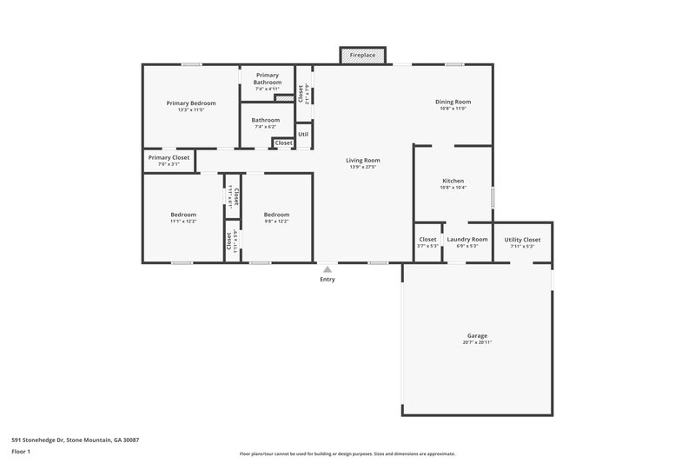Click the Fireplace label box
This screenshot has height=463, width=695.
(x=362, y=55)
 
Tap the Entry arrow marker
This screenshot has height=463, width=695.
(x=328, y=270)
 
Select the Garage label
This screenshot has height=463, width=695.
(x=477, y=335)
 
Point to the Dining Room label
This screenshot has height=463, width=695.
(x=453, y=102)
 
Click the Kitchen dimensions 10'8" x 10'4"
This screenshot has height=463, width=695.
(x=453, y=188)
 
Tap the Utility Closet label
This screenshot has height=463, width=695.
(x=522, y=239)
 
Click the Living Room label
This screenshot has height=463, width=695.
(x=363, y=160)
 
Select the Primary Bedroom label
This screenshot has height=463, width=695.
(x=191, y=103)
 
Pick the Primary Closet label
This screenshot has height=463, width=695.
(x=169, y=157)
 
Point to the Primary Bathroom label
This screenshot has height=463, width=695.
(x=267, y=79)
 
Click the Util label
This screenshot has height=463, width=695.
(x=303, y=135)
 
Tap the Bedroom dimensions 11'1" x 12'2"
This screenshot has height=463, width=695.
(x=182, y=222)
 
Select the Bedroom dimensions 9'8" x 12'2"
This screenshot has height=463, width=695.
(x=276, y=222)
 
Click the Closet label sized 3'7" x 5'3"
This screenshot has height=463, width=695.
(x=427, y=246)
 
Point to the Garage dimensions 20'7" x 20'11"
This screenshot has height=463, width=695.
(x=477, y=342)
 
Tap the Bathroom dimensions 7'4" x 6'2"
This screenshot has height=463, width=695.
(x=266, y=127)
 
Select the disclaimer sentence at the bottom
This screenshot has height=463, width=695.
(x=347, y=453)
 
